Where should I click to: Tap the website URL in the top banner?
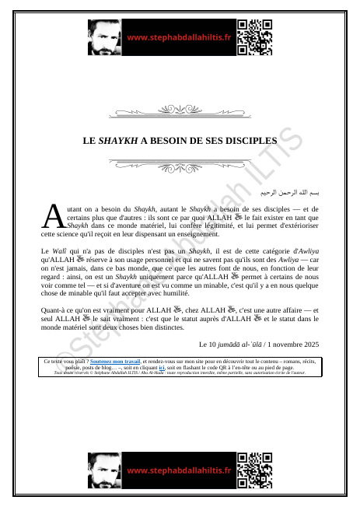tap(179, 37)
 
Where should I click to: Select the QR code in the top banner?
tap(255, 37)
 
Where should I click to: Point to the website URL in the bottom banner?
tap(179, 470)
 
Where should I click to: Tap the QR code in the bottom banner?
tap(255, 470)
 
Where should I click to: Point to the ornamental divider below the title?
tap(180, 164)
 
